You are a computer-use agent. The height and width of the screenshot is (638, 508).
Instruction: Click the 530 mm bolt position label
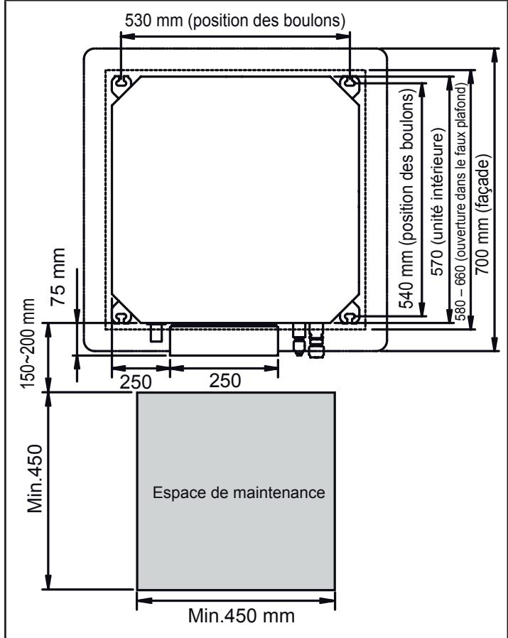[x=235, y=21]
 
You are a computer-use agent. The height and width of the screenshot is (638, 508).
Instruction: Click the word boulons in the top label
[x=320, y=21]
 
